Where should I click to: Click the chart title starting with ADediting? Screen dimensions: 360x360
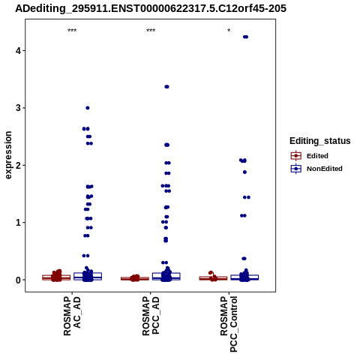(151, 8)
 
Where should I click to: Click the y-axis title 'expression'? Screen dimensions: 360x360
(8, 155)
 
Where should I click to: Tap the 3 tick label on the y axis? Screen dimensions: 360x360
(18, 108)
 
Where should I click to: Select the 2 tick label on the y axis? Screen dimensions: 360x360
(18, 165)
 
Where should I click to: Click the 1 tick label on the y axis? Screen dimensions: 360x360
(18, 223)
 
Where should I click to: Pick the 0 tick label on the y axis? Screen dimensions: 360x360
(18, 280)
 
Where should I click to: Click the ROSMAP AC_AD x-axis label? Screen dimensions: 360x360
(72, 316)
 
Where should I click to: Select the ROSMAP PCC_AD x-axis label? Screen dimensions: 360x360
(151, 316)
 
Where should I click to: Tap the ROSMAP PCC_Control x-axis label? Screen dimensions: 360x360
(229, 324)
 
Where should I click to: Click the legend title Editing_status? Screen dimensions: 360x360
(320, 141)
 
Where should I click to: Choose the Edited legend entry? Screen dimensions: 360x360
(310, 156)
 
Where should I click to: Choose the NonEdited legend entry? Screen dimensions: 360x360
(316, 169)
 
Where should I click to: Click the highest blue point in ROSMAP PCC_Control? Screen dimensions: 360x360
(245, 37)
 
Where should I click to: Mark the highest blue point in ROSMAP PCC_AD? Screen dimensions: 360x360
(166, 87)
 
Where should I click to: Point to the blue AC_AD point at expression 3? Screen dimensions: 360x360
(88, 108)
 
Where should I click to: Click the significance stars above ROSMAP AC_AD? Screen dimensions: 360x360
(72, 31)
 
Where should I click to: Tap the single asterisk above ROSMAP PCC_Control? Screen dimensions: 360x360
(229, 31)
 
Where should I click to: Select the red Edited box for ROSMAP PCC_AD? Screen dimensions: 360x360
(135, 278)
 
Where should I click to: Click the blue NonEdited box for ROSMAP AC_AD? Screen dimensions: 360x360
(88, 276)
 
